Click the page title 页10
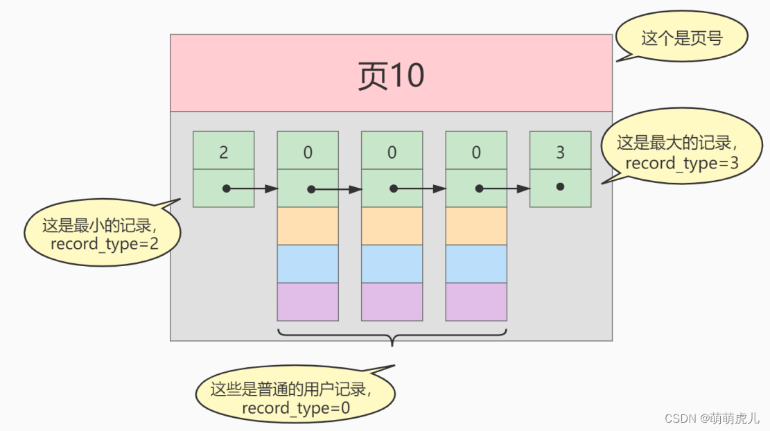point(391,75)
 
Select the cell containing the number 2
point(223,150)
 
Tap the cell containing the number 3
point(560,150)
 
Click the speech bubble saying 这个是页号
point(681,37)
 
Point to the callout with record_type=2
point(102,235)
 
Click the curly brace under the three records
point(392,337)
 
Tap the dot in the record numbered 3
point(560,187)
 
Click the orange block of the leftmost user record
point(308,226)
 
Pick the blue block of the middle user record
point(392,263)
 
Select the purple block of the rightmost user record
point(476,301)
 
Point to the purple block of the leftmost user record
point(308,301)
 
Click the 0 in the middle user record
point(392,150)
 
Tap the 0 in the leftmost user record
point(308,150)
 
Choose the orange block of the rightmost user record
point(476,226)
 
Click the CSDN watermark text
point(712,418)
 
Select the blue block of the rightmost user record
point(476,263)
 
